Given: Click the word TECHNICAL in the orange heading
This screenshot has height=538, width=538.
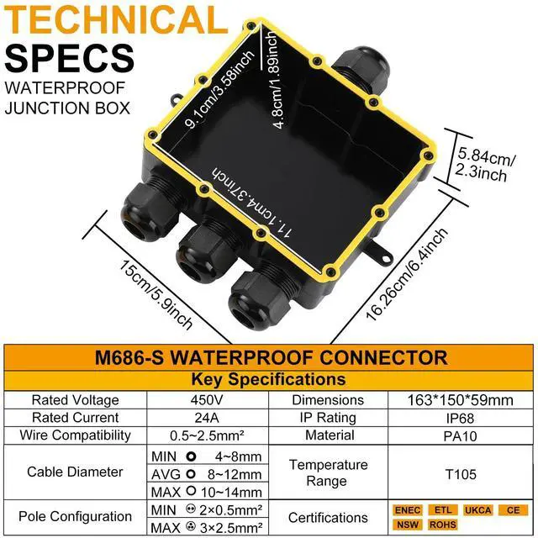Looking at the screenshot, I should tap(112, 21).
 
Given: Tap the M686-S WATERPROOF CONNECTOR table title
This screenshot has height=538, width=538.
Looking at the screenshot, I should tap(269, 357).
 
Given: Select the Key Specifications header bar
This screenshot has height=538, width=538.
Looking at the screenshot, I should tap(269, 379).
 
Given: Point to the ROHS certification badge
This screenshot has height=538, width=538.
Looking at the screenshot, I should tap(443, 525).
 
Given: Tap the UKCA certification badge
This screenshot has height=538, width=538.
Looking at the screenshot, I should tap(479, 509).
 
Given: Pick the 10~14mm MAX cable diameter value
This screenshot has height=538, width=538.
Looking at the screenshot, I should tap(232, 492).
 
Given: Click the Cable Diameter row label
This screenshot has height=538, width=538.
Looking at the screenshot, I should tap(75, 472).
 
